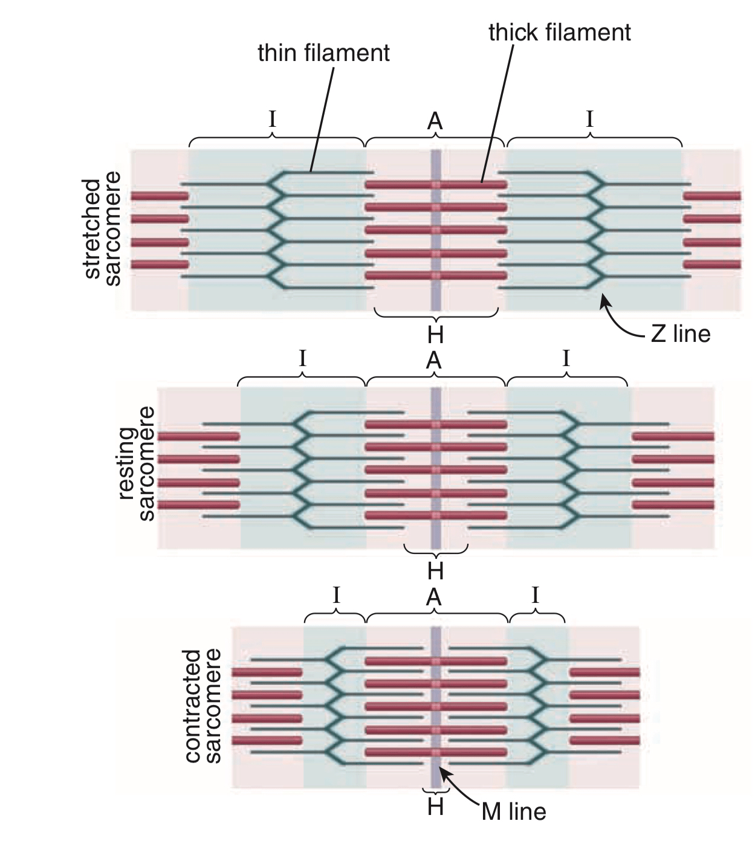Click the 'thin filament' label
pos(323,53)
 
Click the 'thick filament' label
pos(559,33)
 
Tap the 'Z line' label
pos(681,333)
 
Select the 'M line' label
pos(514,811)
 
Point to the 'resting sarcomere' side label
pos(136,464)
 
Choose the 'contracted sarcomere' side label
pos(202,706)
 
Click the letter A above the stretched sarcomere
pos(435,122)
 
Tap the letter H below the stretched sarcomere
pos(435,333)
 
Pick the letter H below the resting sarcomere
pos(435,570)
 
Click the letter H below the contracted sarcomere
pos(435,807)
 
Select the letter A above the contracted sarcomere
pos(434,598)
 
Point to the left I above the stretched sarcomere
pos(273,119)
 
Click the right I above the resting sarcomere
pos(566,359)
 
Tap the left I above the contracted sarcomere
pos(336,596)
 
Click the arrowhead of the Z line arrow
pos(602,297)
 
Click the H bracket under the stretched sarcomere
pos(436,315)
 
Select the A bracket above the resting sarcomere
pos(435,380)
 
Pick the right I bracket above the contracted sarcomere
pos(536,616)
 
